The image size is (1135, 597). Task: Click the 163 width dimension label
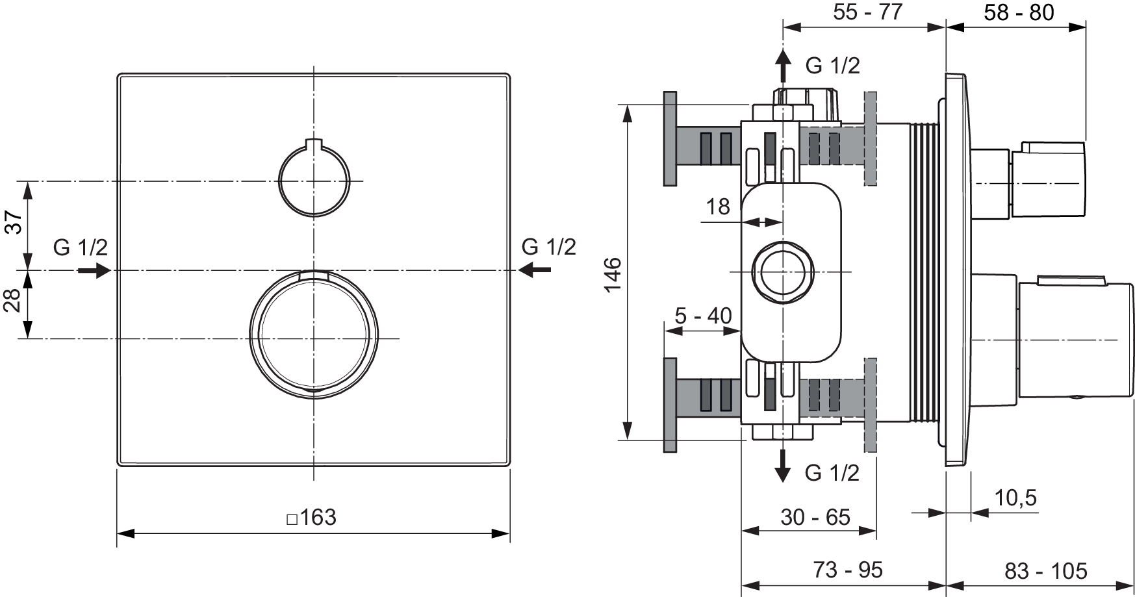(312, 517)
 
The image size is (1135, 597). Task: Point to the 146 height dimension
(613, 275)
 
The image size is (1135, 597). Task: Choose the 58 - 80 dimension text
(1019, 12)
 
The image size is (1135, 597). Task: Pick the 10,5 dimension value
(1015, 498)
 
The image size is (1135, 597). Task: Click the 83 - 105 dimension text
(1045, 570)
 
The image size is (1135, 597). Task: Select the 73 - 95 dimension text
(848, 570)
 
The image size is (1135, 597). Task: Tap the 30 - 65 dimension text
(815, 516)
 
